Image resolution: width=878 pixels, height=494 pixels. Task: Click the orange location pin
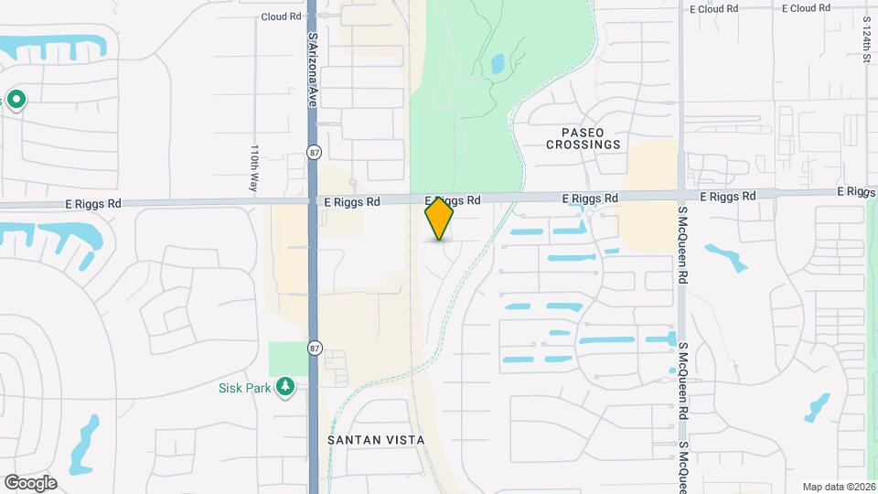tap(439, 219)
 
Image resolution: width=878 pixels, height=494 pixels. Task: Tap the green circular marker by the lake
tap(16, 99)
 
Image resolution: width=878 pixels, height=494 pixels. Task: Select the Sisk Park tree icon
tap(285, 387)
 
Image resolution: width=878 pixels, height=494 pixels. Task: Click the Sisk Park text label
tap(244, 388)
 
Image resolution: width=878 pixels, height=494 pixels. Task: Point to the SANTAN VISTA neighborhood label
tap(376, 440)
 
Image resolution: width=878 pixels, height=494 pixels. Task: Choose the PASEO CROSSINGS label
tap(584, 138)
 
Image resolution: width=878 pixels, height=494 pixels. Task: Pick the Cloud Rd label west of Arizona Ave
tap(281, 16)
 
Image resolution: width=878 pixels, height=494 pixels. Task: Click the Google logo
tap(30, 483)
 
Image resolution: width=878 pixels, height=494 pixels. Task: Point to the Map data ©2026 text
tap(838, 487)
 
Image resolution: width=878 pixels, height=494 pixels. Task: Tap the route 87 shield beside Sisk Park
tap(315, 348)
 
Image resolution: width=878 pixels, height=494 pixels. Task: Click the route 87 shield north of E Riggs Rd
tap(315, 154)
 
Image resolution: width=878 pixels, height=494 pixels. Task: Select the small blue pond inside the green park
tap(498, 64)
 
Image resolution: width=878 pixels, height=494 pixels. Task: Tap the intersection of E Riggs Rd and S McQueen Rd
tap(681, 194)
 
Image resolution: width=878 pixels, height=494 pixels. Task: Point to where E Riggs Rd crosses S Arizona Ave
tap(312, 201)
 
